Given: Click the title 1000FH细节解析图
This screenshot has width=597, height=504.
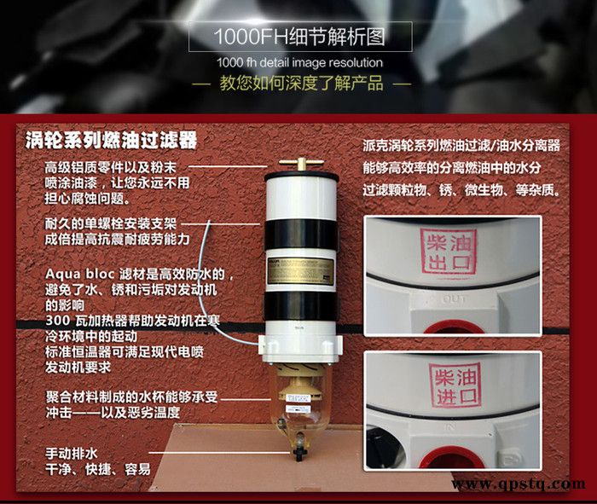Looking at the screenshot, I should click(298, 38).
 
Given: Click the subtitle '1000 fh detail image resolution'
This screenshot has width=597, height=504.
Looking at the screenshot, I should click(298, 62).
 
